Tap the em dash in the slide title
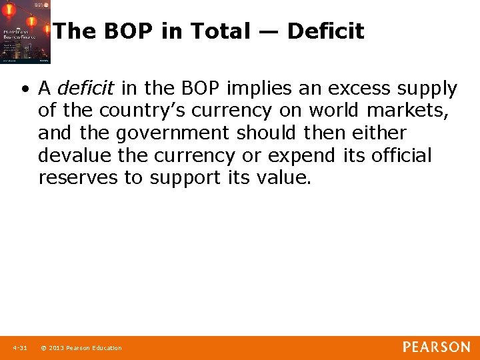pos(269,32)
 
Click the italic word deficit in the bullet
pos(86,89)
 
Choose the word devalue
pos(70,156)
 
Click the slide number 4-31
pos(19,348)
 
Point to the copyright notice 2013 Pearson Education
pos(81,348)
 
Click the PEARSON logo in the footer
pos(436,347)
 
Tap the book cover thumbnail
pos(25,32)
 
